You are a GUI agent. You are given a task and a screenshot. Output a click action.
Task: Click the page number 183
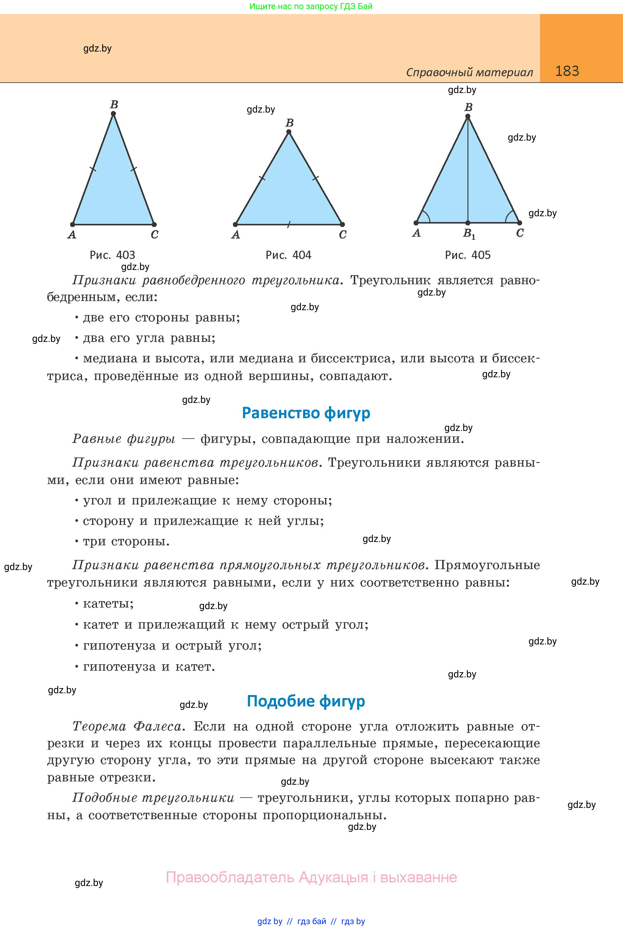pyautogui.click(x=567, y=71)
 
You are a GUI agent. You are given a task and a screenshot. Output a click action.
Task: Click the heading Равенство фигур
pyautogui.click(x=306, y=413)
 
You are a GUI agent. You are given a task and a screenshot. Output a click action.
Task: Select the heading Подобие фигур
pyautogui.click(x=306, y=701)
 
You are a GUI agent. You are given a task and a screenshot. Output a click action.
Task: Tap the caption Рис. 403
pyautogui.click(x=113, y=255)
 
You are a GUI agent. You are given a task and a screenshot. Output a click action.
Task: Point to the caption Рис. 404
pyautogui.click(x=288, y=255)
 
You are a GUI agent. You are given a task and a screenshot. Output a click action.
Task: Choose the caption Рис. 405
pyautogui.click(x=468, y=255)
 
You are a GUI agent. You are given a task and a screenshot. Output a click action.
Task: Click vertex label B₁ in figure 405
pyautogui.click(x=469, y=234)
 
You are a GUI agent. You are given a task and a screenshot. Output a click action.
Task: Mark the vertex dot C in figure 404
pyautogui.click(x=342, y=224)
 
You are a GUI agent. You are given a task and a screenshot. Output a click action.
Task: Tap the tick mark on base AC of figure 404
pyautogui.click(x=289, y=224)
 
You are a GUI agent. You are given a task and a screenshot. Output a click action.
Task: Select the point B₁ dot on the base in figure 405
pyautogui.click(x=468, y=223)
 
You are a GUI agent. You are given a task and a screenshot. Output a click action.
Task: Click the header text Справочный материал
pyautogui.click(x=469, y=72)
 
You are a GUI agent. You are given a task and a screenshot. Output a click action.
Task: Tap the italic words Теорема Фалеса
pyautogui.click(x=127, y=726)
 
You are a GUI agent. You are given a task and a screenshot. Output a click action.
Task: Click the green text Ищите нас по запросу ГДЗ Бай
pyautogui.click(x=311, y=6)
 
